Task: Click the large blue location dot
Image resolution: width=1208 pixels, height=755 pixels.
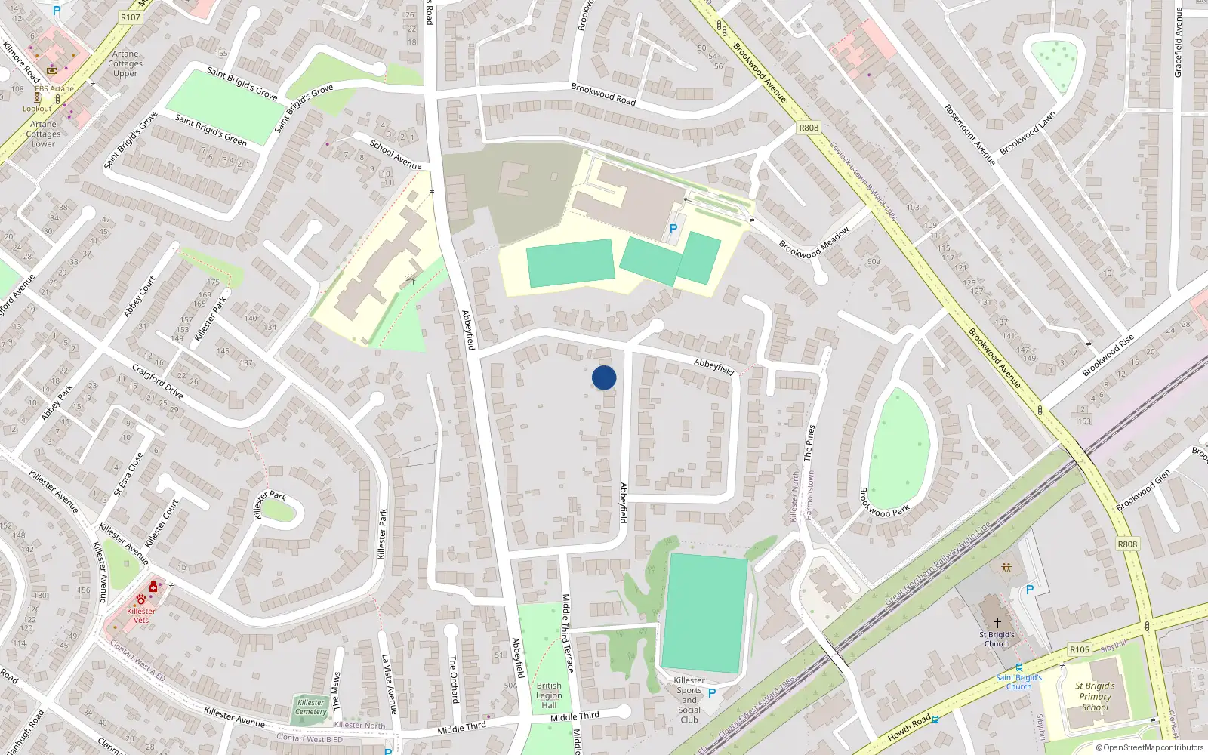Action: (604, 377)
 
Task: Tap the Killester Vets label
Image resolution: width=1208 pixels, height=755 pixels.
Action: (141, 615)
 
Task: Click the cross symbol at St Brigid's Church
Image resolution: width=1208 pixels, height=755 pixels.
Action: (997, 623)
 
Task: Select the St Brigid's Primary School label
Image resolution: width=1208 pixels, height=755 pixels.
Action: (1095, 697)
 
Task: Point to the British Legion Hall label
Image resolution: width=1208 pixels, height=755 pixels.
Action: (549, 695)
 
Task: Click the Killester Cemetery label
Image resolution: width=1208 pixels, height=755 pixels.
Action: (311, 707)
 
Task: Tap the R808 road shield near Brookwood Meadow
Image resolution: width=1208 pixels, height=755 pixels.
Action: (809, 128)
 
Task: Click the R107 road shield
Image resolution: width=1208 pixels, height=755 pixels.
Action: (130, 17)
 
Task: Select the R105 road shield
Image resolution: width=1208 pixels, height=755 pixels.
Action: (1080, 649)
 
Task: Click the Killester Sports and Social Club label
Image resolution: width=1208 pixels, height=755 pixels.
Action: (689, 700)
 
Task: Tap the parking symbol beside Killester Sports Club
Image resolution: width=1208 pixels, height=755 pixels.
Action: (711, 693)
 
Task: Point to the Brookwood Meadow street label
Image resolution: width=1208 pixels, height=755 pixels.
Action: (814, 242)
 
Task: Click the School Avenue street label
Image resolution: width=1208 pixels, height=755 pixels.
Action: (396, 154)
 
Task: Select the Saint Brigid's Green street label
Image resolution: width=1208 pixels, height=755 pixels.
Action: (211, 129)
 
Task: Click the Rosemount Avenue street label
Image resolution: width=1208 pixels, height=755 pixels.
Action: (969, 134)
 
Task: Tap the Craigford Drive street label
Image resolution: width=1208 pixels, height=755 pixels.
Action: (158, 381)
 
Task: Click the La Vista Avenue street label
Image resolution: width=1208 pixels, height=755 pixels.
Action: (388, 684)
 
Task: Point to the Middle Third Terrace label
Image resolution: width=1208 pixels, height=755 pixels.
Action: (567, 633)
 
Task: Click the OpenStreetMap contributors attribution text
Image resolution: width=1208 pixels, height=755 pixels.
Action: (1149, 748)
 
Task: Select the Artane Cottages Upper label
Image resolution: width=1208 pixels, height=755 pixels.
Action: (125, 63)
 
